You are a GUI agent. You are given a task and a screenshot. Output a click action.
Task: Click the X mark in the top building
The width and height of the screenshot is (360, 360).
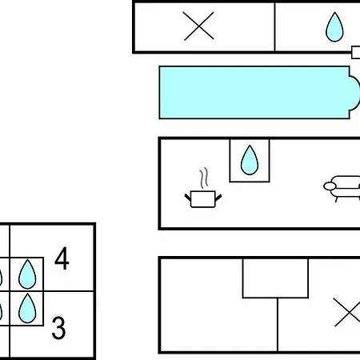click(x=198, y=26)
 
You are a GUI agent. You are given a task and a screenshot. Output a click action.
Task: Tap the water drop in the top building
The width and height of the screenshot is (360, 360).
click(x=334, y=27)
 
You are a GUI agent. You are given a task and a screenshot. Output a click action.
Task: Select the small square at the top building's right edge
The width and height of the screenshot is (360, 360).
click(x=356, y=52)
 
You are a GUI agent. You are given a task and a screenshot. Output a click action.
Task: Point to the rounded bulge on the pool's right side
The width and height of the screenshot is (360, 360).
click(x=355, y=93)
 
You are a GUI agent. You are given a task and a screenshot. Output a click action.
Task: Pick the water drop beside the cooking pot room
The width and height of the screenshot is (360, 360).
click(x=250, y=160)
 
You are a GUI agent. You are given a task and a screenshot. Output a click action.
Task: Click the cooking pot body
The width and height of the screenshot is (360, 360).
click(x=203, y=199)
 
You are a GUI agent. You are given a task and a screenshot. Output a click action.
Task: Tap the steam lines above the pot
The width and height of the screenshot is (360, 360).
click(x=204, y=178)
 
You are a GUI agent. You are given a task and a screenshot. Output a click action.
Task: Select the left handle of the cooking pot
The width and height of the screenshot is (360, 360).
click(x=188, y=198)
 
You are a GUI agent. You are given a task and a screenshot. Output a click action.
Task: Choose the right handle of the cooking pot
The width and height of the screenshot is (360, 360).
click(x=218, y=198)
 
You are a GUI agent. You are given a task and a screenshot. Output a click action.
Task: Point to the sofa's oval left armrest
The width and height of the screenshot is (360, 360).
click(x=329, y=186)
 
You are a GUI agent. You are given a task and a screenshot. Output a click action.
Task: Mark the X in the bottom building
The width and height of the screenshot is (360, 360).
click(x=347, y=312)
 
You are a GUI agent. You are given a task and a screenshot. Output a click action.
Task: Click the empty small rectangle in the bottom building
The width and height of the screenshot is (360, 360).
click(x=275, y=278)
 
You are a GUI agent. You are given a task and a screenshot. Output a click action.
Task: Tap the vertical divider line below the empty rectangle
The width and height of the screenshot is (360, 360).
click(x=278, y=325)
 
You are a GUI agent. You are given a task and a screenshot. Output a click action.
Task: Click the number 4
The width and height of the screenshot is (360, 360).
click(x=62, y=258)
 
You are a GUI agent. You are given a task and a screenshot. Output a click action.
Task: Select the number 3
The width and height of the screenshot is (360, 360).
click(x=58, y=327)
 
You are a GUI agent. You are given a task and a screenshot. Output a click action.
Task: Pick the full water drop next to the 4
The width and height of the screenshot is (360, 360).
click(x=27, y=274)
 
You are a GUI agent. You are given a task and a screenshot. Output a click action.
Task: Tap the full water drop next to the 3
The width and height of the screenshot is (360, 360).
click(x=27, y=308)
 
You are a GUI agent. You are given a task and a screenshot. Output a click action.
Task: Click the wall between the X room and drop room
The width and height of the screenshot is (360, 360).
click(x=274, y=26)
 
